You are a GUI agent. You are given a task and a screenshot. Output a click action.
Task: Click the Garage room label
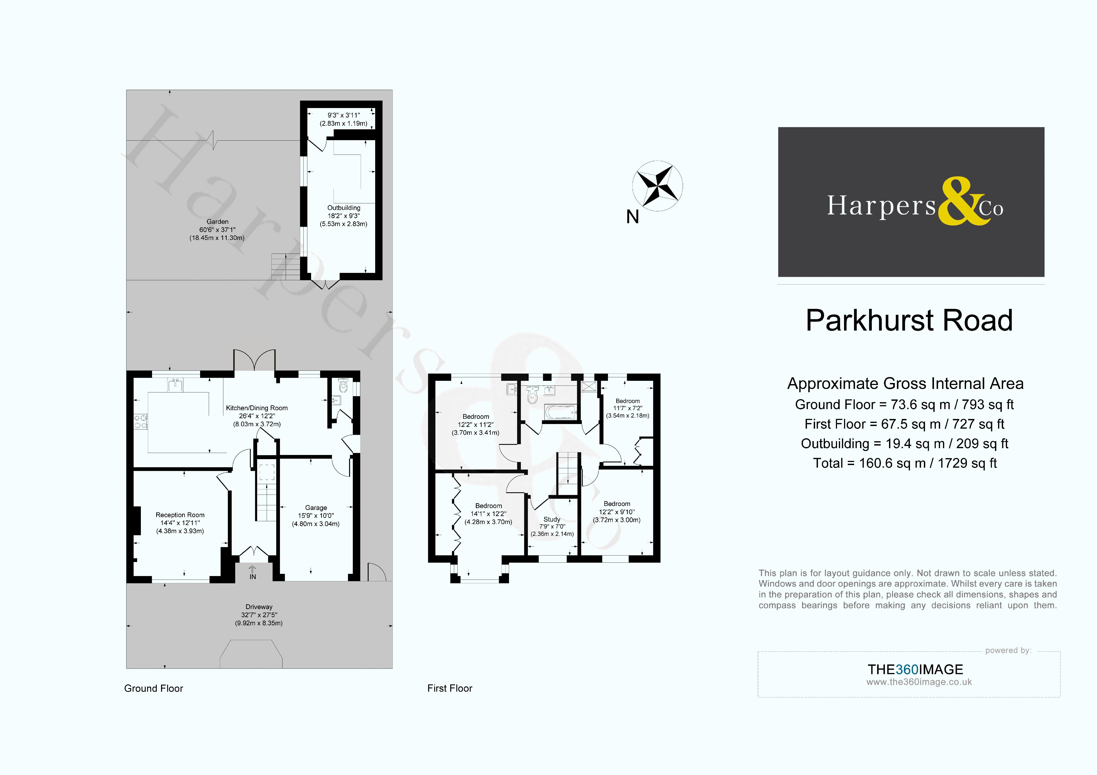tap(316, 507)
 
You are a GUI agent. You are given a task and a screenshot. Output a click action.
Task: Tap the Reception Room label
tap(180, 515)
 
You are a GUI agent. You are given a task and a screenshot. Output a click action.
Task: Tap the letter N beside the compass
tap(633, 217)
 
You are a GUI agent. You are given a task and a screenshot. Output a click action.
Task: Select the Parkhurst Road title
tap(909, 320)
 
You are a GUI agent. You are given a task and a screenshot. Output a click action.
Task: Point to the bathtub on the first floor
tap(561, 411)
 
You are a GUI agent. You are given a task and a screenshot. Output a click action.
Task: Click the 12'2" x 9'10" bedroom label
tap(617, 512)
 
